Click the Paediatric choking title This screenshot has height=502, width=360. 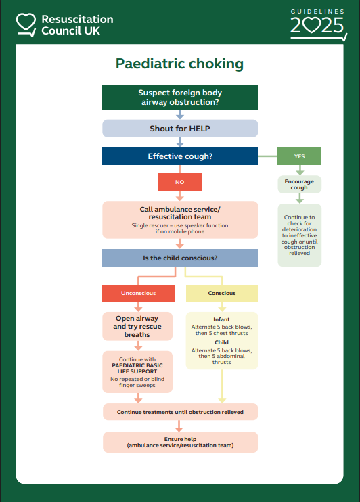179,64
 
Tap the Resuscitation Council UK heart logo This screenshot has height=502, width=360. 26,24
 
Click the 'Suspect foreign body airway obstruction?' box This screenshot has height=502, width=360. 180,97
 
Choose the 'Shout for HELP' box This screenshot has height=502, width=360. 180,129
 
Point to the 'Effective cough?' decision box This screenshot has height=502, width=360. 180,156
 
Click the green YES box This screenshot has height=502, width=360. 299,156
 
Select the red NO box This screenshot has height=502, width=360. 179,182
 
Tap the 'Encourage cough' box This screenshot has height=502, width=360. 299,185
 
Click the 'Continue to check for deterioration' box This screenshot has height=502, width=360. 299,235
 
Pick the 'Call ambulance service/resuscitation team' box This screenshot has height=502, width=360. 180,220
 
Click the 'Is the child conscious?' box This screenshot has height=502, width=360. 180,258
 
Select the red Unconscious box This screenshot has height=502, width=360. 138,293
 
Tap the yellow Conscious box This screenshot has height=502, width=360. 222,293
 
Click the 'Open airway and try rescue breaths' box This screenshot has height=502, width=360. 138,327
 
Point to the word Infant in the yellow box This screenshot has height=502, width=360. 221,319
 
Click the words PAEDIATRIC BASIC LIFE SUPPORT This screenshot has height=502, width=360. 138,369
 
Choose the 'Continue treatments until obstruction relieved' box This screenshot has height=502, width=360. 180,411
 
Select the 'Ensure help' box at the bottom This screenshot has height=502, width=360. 180,442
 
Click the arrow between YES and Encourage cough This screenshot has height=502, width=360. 299,170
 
